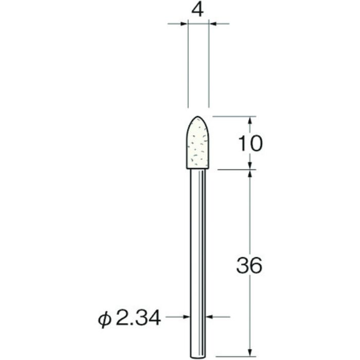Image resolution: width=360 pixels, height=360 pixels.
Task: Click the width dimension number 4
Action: click(x=199, y=10)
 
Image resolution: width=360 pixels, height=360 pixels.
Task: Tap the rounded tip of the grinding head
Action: click(x=198, y=118)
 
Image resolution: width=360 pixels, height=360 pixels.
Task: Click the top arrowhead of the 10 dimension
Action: click(x=250, y=120)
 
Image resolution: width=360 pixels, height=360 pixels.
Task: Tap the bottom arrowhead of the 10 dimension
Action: click(x=250, y=165)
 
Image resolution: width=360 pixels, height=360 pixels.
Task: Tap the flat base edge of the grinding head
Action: click(x=198, y=168)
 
